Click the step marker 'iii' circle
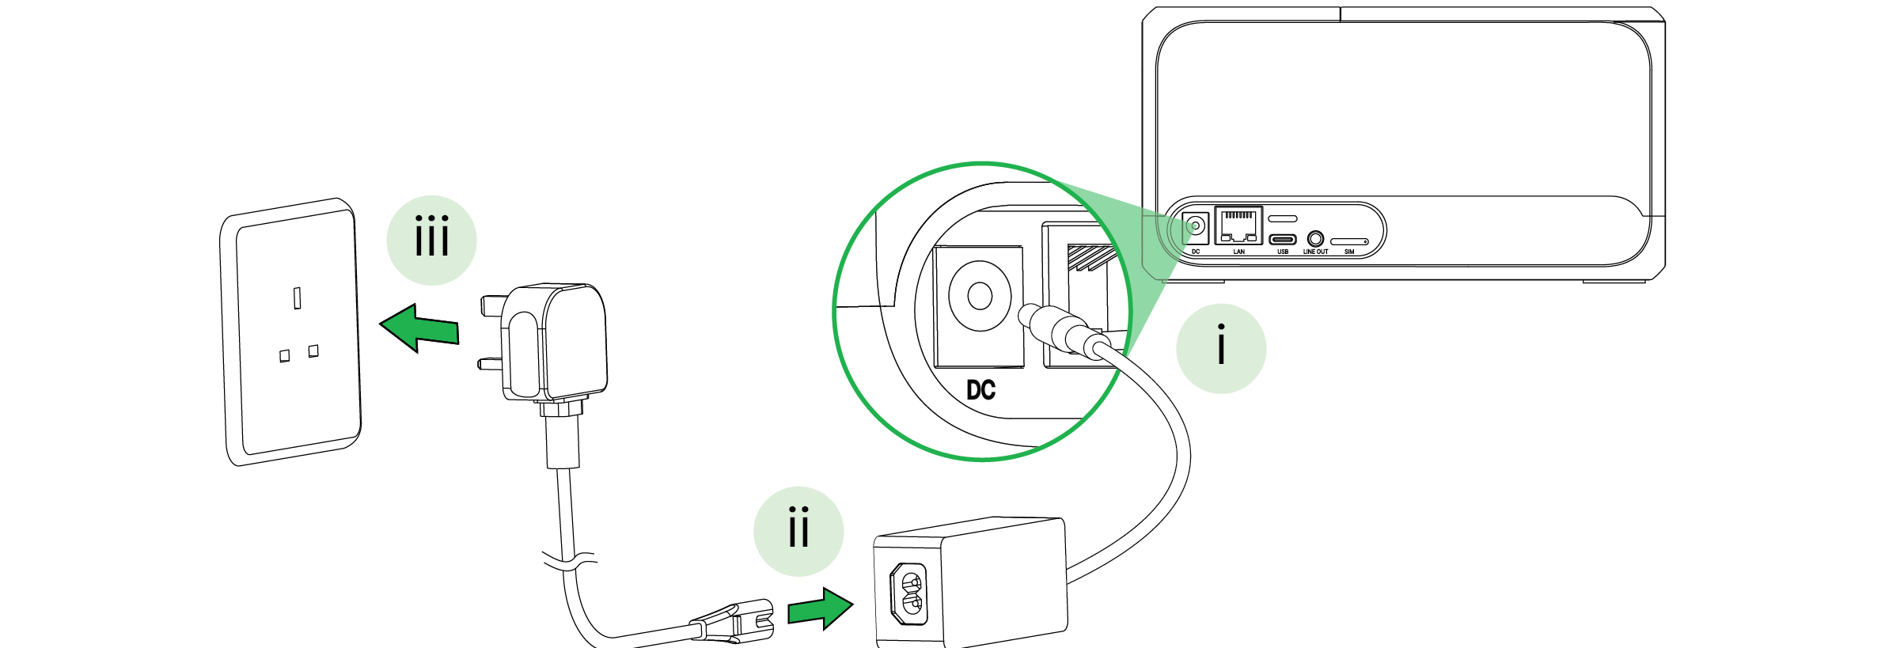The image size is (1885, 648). click(431, 240)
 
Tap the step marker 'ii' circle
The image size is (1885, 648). click(798, 531)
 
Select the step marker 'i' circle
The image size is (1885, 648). click(1220, 348)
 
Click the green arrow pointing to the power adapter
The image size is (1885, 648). click(821, 608)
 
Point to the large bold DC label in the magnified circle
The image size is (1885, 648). click(980, 390)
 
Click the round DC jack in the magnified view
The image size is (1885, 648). click(980, 297)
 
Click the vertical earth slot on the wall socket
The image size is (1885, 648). click(298, 298)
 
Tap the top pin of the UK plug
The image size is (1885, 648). click(491, 305)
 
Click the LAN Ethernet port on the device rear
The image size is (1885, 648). click(1238, 225)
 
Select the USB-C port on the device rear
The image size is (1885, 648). click(1283, 240)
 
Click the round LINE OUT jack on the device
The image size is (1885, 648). click(1315, 237)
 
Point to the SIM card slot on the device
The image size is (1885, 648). click(1349, 241)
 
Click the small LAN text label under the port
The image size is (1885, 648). click(1238, 252)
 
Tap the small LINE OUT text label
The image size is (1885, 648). click(1315, 252)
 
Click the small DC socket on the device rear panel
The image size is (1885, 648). click(1196, 226)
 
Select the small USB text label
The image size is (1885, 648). click(1283, 252)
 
